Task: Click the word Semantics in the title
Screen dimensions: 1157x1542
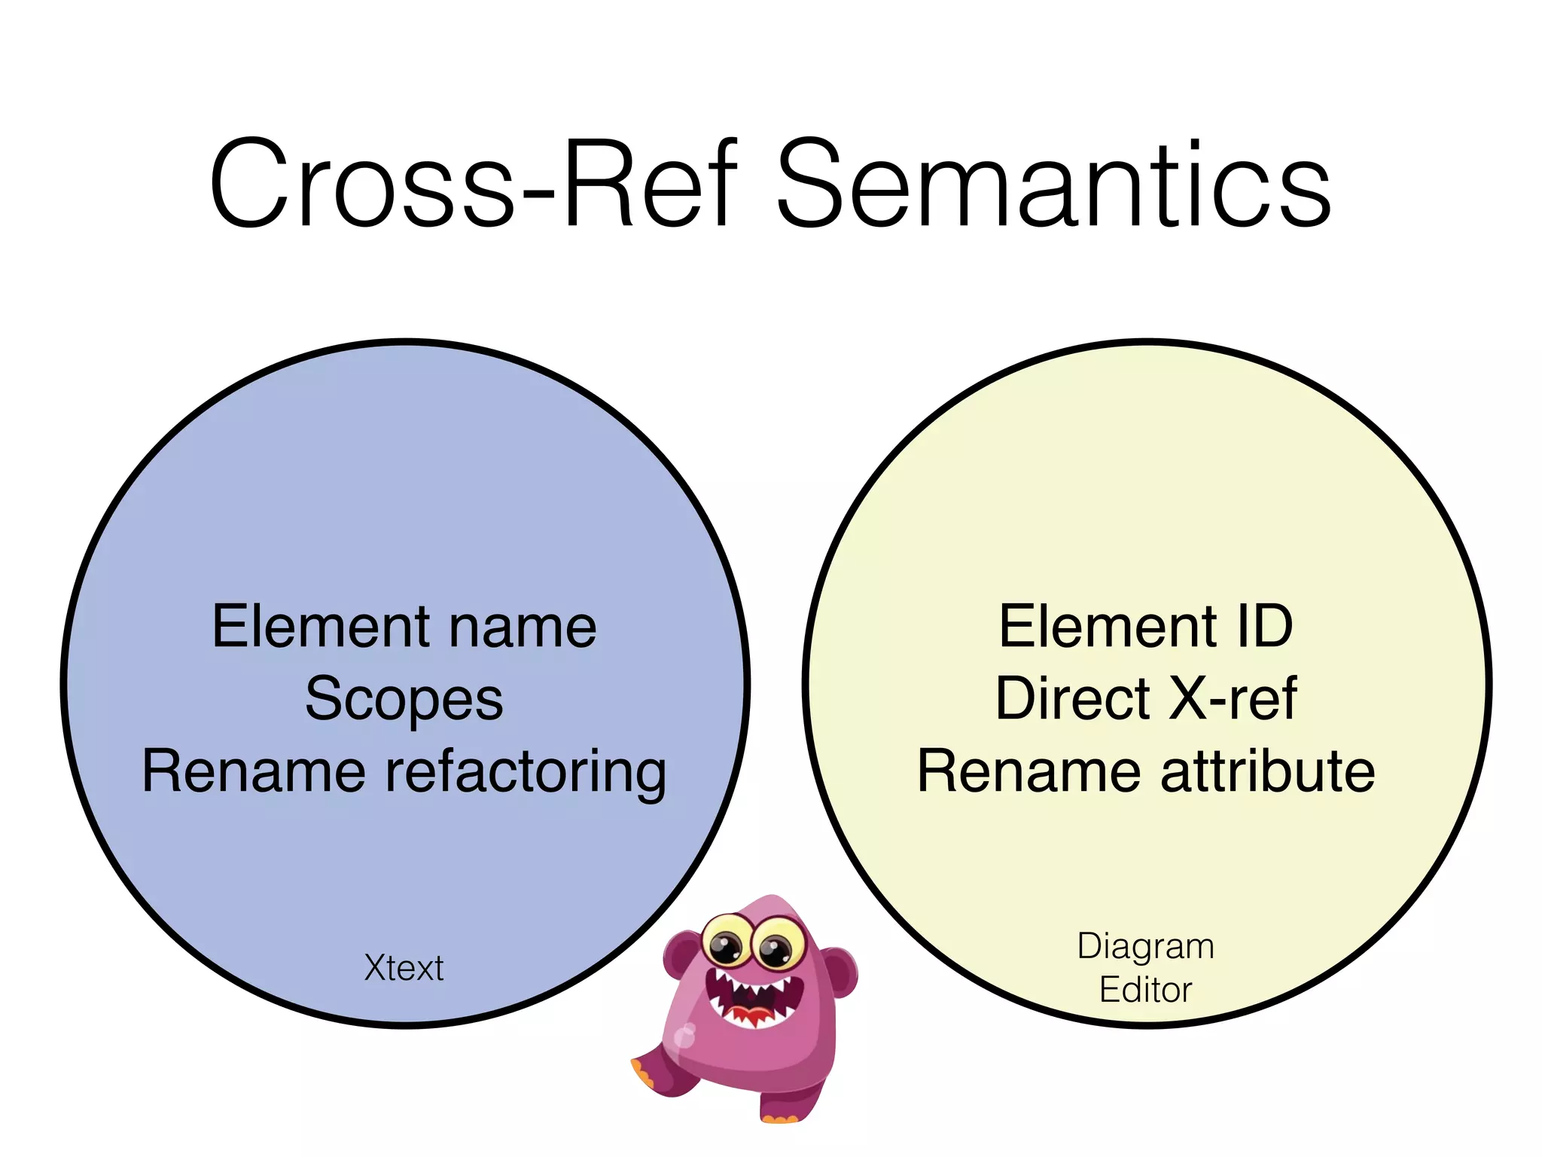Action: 1054,185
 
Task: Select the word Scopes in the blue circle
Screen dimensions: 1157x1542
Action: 404,699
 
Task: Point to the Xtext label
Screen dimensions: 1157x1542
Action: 404,968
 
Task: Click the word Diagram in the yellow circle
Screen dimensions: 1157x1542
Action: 1145,947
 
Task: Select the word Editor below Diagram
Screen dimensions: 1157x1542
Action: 1145,990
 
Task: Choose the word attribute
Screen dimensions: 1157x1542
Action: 1268,772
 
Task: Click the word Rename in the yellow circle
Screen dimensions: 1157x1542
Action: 1029,772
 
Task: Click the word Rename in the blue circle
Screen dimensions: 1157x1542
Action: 254,772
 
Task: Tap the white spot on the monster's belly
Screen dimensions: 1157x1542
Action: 684,1036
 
